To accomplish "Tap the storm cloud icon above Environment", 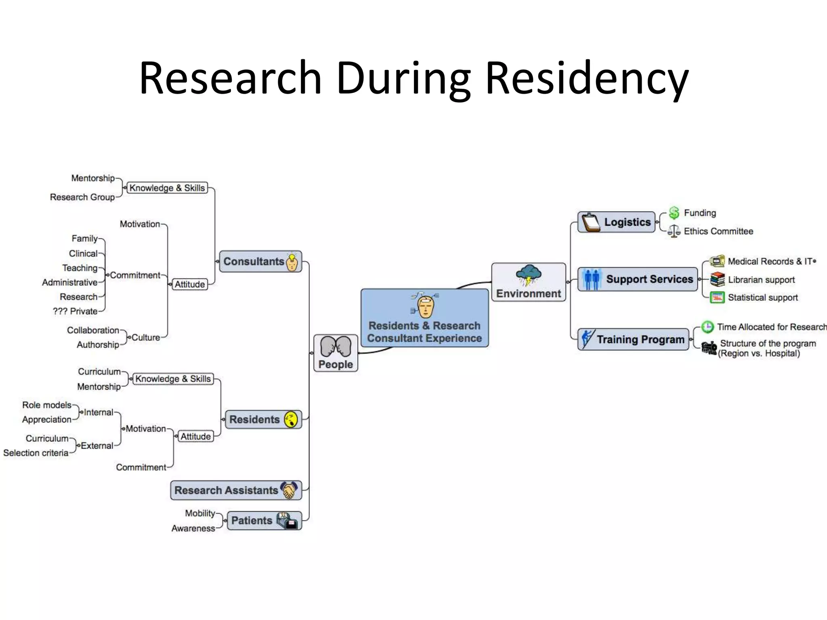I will tap(529, 274).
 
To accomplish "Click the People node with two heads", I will tap(336, 353).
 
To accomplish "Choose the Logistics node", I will tap(616, 222).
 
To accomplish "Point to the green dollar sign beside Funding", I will tap(674, 213).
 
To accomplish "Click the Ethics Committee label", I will tap(718, 231).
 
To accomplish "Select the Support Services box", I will tap(638, 279).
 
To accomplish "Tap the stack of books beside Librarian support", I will tap(717, 279).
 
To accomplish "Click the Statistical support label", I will tap(762, 297).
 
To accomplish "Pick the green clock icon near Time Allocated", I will tap(707, 327).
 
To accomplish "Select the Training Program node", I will tap(633, 339).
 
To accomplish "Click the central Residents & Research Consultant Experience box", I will tap(424, 318).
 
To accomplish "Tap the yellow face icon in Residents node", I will tap(291, 419).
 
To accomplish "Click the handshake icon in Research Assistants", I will tap(289, 490).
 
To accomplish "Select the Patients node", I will tap(264, 520).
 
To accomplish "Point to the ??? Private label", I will tap(75, 311).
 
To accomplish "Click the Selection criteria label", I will tap(36, 453).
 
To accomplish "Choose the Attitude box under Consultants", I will tap(189, 284).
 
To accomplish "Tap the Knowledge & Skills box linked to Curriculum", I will tap(173, 379).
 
